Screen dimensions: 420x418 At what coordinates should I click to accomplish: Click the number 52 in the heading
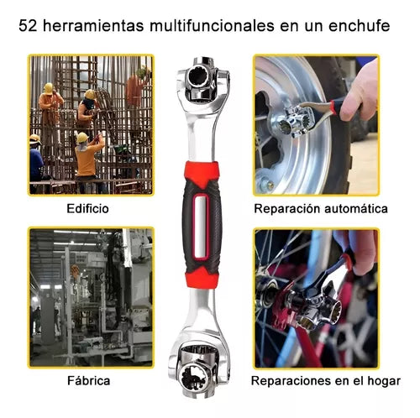pos(28,26)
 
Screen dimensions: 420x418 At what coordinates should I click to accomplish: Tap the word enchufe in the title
pos(360,26)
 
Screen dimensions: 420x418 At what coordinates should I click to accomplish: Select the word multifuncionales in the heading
pos(213,26)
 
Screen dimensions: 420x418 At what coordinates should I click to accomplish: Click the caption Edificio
pos(87,209)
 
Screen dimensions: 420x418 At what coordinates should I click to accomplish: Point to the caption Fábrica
pos(89,381)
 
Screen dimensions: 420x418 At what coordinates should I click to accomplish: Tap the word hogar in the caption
pos(384,381)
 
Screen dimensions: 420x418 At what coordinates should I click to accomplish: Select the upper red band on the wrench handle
pos(202,171)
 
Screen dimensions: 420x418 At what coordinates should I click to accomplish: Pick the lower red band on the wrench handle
pos(202,277)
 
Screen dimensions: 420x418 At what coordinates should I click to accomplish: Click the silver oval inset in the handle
pos(202,227)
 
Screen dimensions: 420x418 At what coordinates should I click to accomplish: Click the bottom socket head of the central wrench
pos(200,371)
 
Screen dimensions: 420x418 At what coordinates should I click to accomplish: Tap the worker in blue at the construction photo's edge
pos(36,161)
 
